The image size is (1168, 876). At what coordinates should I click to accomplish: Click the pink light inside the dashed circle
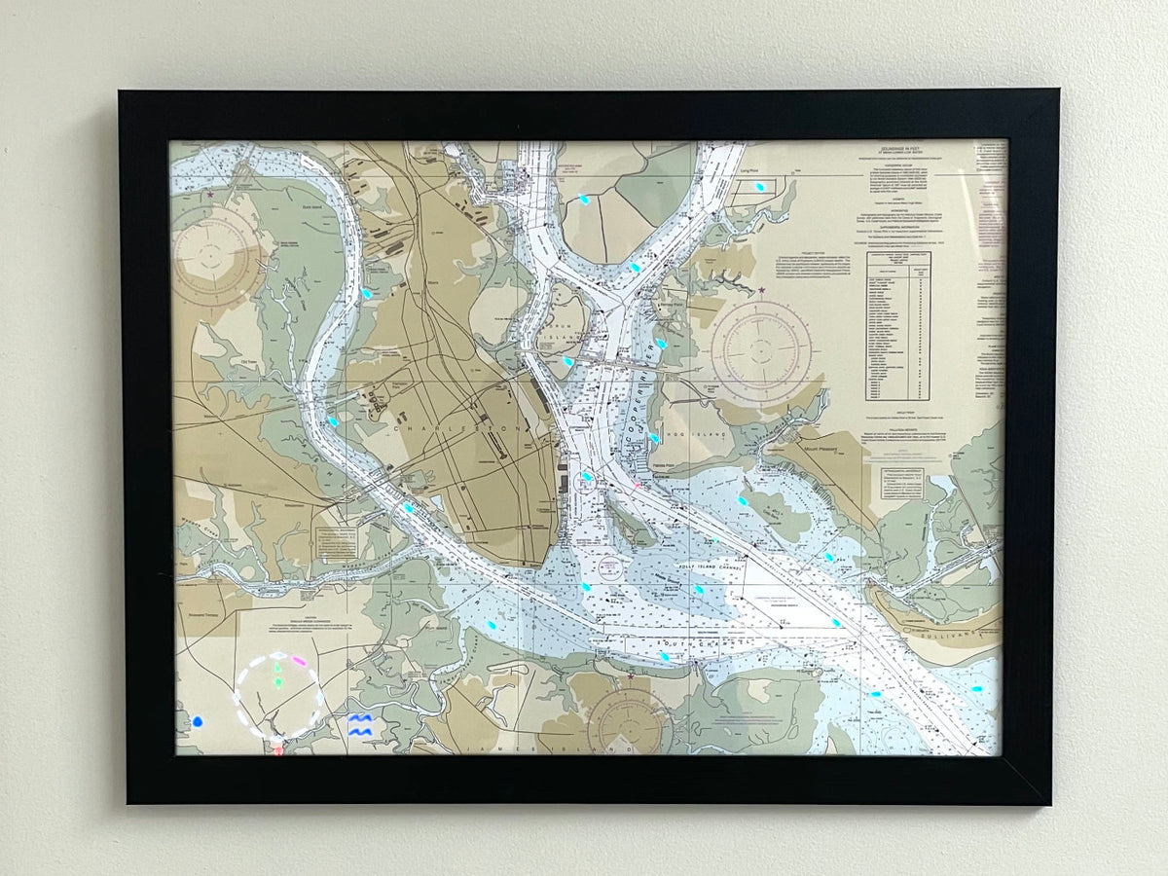(x=299, y=661)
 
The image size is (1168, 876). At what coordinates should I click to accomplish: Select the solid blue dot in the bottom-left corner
(x=198, y=722)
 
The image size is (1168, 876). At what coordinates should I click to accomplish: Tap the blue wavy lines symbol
(x=360, y=723)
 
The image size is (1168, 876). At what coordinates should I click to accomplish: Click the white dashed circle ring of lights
(x=279, y=696)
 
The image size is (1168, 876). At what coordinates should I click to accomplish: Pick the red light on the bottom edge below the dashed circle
(x=279, y=750)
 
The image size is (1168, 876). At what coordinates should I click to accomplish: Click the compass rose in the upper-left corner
(x=215, y=255)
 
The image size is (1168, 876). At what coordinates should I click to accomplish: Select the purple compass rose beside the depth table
(x=761, y=350)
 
